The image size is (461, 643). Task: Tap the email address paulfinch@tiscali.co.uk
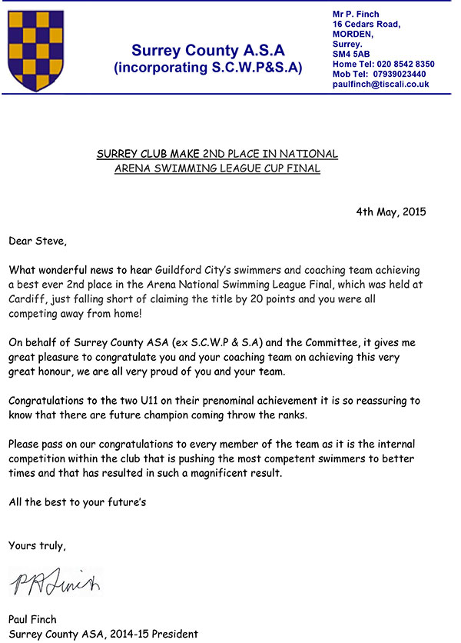tap(380, 85)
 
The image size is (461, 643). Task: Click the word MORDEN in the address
tap(353, 34)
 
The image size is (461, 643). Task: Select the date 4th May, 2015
tap(391, 212)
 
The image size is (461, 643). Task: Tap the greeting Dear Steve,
tap(38, 241)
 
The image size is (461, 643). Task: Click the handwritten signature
tap(55, 583)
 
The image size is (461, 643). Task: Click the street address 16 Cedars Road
tap(366, 24)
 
